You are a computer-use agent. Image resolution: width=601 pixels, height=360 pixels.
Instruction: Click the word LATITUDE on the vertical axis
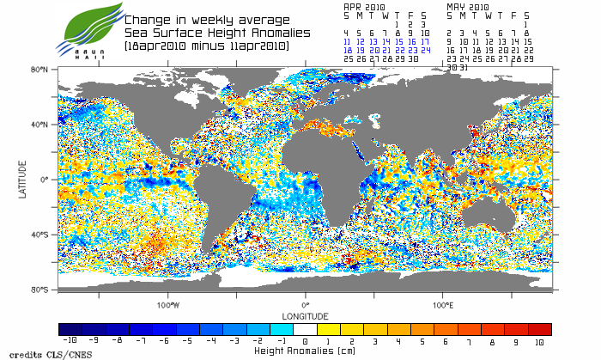click(22, 179)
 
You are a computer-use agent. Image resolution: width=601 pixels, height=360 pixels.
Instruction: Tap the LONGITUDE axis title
click(305, 314)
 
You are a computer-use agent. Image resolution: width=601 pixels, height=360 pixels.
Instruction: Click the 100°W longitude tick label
click(168, 304)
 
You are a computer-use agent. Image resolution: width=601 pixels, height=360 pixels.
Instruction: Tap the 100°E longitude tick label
click(443, 304)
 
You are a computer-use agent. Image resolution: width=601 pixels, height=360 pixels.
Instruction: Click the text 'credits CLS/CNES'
click(37, 353)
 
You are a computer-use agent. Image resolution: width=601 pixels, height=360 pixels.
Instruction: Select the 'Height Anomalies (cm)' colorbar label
click(305, 351)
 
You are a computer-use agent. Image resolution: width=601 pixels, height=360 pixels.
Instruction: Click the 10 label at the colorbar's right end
click(539, 340)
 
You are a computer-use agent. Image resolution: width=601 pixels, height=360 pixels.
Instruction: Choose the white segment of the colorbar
click(305, 329)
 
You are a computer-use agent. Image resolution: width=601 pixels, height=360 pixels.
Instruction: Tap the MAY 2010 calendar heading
click(469, 6)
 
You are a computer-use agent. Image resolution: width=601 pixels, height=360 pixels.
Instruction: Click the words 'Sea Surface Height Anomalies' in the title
click(219, 32)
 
